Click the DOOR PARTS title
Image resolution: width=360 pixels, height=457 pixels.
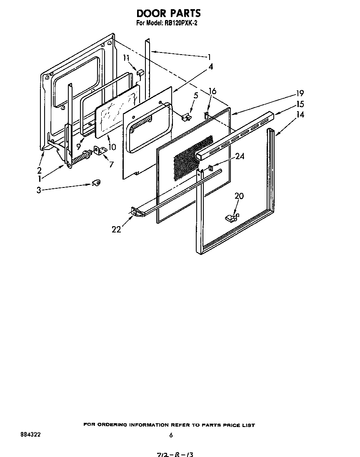pyautogui.click(x=169, y=13)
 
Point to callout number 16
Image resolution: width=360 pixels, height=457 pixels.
pyautogui.click(x=212, y=91)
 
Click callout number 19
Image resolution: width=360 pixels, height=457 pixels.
pyautogui.click(x=300, y=93)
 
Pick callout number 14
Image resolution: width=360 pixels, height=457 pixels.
pyautogui.click(x=300, y=115)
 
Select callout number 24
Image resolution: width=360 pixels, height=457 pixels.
pyautogui.click(x=239, y=156)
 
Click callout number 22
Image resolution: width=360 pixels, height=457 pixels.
pyautogui.click(x=116, y=229)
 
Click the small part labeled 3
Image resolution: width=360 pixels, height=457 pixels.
pyautogui.click(x=96, y=182)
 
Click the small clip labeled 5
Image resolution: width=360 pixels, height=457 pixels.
pyautogui.click(x=186, y=117)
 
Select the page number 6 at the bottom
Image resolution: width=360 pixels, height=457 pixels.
pyautogui.click(x=171, y=435)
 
